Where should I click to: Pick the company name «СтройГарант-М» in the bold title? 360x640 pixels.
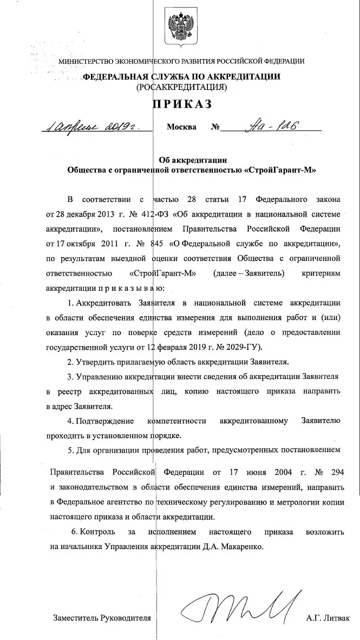280,169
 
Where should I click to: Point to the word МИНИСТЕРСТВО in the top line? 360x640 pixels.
86,61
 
